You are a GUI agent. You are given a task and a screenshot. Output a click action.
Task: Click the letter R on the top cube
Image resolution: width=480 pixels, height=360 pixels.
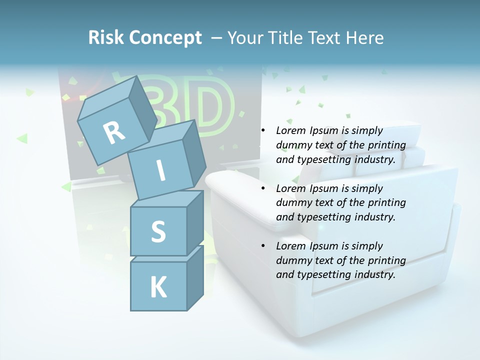114,132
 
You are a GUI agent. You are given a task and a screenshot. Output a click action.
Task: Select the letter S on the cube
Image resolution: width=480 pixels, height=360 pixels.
158,232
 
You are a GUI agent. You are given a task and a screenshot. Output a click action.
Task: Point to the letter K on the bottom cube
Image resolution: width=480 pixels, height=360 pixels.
158,287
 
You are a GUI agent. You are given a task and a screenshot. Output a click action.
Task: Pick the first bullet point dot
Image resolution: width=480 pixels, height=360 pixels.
263,131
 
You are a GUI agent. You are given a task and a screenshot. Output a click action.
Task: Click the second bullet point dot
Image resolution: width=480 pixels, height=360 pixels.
263,189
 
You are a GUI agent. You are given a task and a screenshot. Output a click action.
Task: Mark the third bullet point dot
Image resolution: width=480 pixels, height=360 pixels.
263,246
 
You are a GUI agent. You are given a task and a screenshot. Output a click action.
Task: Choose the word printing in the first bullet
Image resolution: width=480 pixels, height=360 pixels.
387,145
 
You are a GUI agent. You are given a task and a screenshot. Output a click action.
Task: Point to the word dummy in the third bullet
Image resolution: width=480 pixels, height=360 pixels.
294,260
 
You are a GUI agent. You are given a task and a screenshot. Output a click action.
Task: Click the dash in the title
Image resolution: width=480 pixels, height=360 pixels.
217,38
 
